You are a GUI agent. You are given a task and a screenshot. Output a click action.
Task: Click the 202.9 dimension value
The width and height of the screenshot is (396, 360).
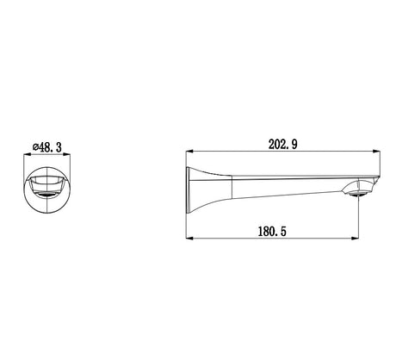point(282,145)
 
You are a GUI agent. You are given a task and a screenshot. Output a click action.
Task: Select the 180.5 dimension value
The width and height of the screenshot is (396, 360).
point(272,232)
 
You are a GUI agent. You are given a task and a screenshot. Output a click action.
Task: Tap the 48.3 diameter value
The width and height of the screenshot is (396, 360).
point(50,147)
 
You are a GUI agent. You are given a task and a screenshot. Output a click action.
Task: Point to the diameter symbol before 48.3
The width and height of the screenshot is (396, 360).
point(35,147)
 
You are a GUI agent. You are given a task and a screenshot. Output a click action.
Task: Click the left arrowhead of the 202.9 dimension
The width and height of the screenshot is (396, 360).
point(189,152)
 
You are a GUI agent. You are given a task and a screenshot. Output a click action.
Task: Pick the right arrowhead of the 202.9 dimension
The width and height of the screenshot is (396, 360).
point(377,152)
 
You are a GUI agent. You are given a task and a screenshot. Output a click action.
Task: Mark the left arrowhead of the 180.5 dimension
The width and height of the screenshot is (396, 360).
point(189,238)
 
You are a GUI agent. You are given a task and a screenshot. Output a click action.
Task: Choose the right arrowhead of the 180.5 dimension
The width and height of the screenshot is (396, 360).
point(356,238)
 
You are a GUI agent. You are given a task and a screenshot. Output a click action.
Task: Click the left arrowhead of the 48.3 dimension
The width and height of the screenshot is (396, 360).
point(27,155)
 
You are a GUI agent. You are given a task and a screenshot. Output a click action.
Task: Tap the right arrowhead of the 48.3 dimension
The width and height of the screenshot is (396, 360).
point(67,155)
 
